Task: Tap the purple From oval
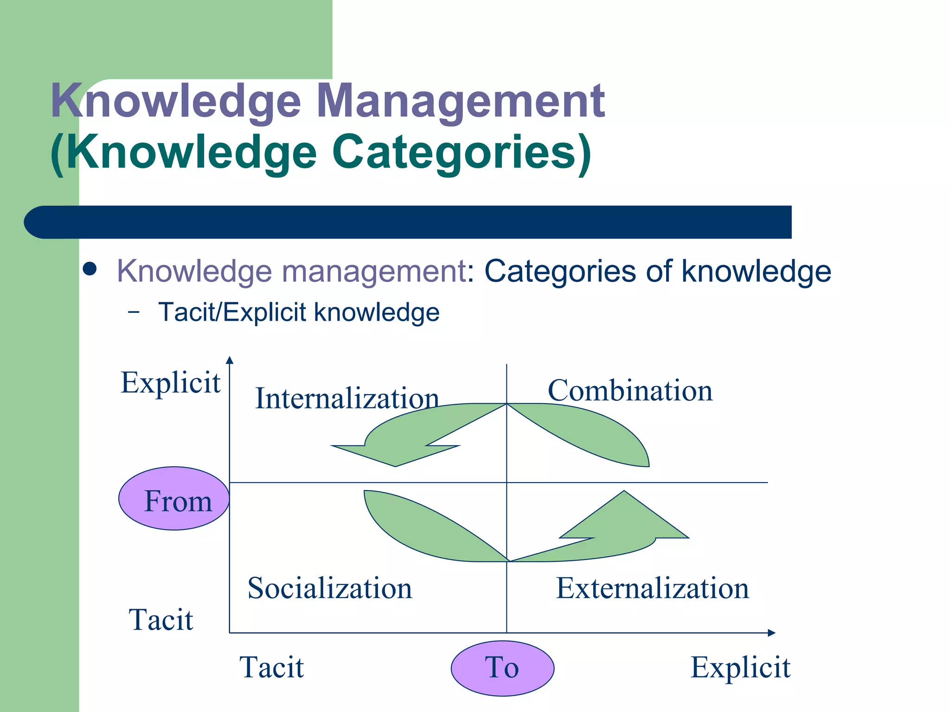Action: coord(174,499)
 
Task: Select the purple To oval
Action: coord(502,668)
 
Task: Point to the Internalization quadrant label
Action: coord(347,399)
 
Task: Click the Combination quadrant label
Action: coord(630,390)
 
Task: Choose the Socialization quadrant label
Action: coord(330,588)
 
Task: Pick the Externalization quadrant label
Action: coord(652,588)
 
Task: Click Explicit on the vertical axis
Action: coord(170,383)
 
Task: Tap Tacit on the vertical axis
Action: coord(160,620)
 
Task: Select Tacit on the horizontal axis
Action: coord(271,667)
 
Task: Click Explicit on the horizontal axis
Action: coord(740,667)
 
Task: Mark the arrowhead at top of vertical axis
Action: coord(230,360)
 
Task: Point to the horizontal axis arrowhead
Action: coord(771,633)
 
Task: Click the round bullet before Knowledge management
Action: coord(90,269)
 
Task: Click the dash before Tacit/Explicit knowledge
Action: coord(134,312)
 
